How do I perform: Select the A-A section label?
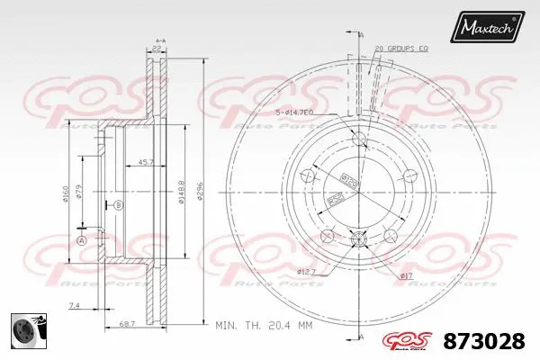[160, 41]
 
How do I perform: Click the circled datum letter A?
[82, 240]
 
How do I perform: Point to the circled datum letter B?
[117, 206]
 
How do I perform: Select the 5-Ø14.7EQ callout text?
[293, 112]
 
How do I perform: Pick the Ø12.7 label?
[306, 270]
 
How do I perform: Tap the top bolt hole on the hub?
[359, 138]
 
